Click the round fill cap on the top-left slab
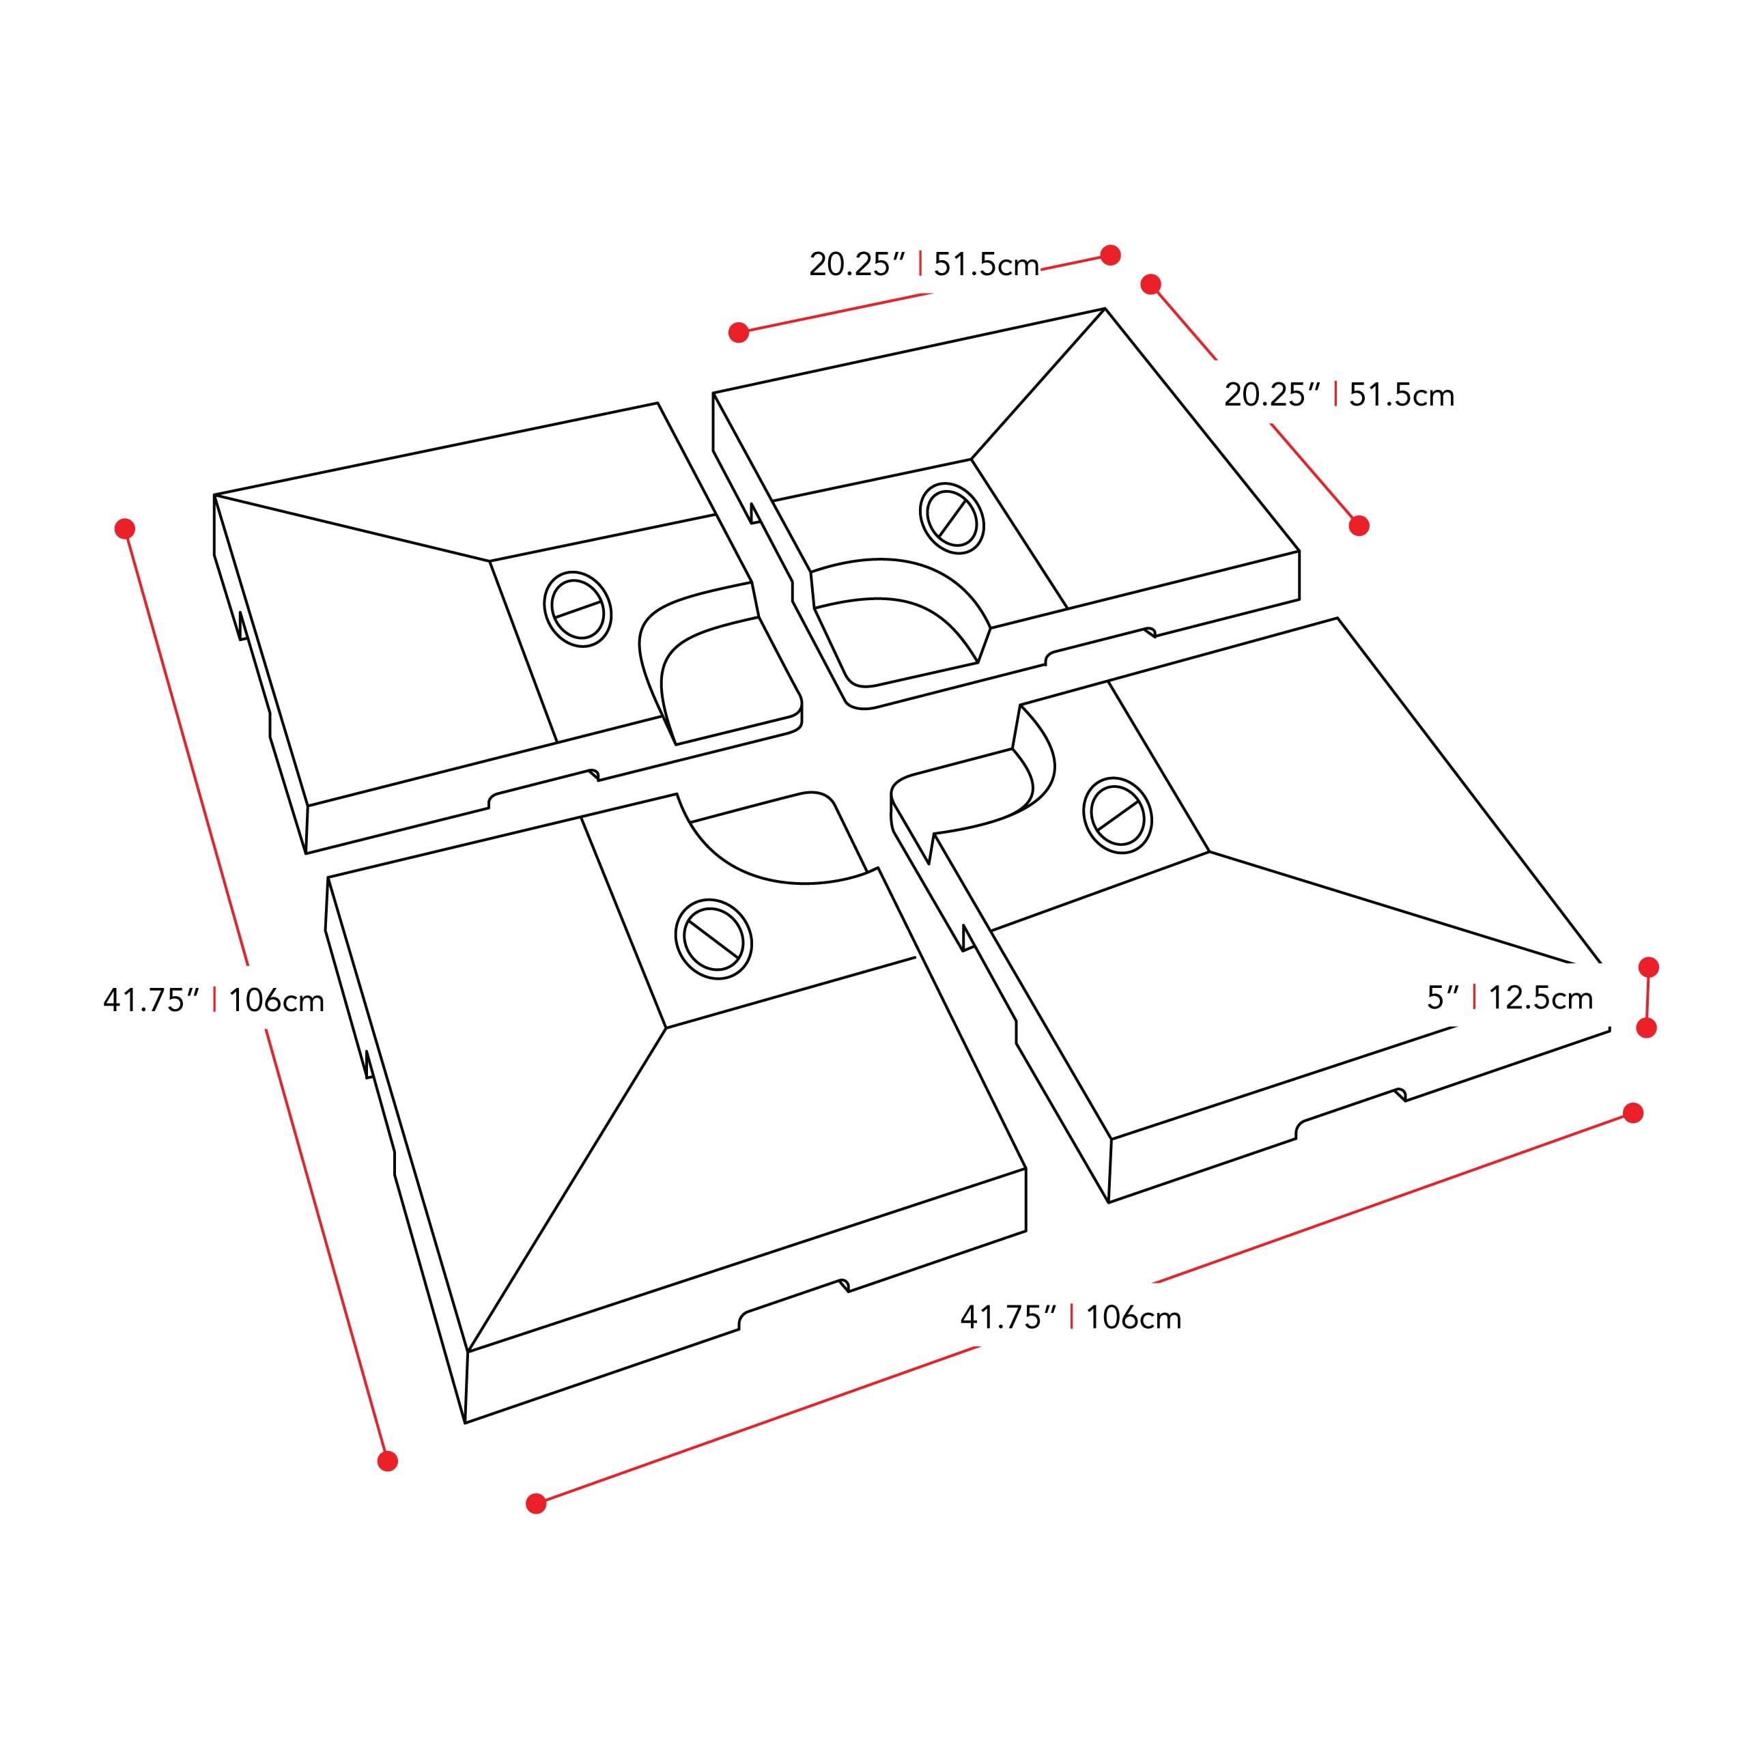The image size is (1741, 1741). click(x=578, y=608)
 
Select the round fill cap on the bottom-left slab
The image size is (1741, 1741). click(x=713, y=939)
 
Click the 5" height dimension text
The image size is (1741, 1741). click(x=1442, y=998)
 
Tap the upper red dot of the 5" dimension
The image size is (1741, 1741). click(x=1648, y=967)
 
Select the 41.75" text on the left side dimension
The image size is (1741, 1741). click(x=150, y=1000)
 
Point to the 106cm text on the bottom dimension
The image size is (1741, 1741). click(x=1133, y=1318)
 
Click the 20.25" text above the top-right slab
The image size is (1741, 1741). click(x=856, y=265)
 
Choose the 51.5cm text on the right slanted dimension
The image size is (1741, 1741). click(x=1401, y=395)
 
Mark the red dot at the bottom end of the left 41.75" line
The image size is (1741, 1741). click(x=388, y=1461)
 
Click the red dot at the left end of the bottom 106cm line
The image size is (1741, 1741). click(x=536, y=1503)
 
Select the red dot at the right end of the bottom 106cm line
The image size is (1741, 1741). click(x=1633, y=1113)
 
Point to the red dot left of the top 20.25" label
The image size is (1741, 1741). click(x=739, y=332)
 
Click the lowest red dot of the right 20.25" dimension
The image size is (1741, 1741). click(x=1359, y=525)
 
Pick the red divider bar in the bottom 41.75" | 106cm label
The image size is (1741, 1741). click(x=1071, y=1318)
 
